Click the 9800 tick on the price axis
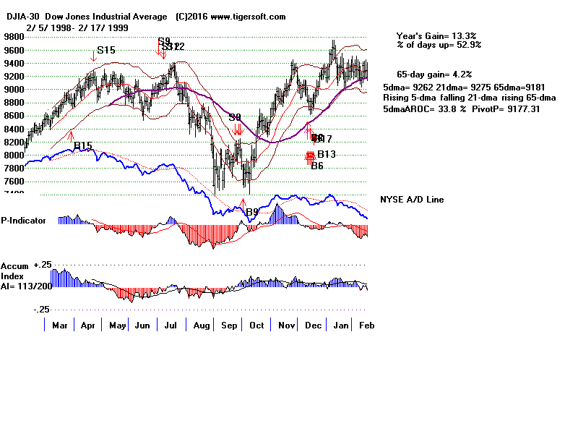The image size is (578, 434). [x=12, y=36]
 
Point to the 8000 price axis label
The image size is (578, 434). [x=12, y=154]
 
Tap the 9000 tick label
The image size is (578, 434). [x=12, y=89]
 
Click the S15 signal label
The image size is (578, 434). [x=106, y=50]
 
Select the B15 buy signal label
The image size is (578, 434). [x=82, y=145]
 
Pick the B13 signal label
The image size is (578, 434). [x=327, y=154]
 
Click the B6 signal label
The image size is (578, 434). [x=317, y=166]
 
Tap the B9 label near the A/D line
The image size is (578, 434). [x=251, y=212]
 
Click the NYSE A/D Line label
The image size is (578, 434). [x=412, y=200]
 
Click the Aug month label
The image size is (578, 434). [x=202, y=325]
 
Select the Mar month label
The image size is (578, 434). [x=59, y=325]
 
